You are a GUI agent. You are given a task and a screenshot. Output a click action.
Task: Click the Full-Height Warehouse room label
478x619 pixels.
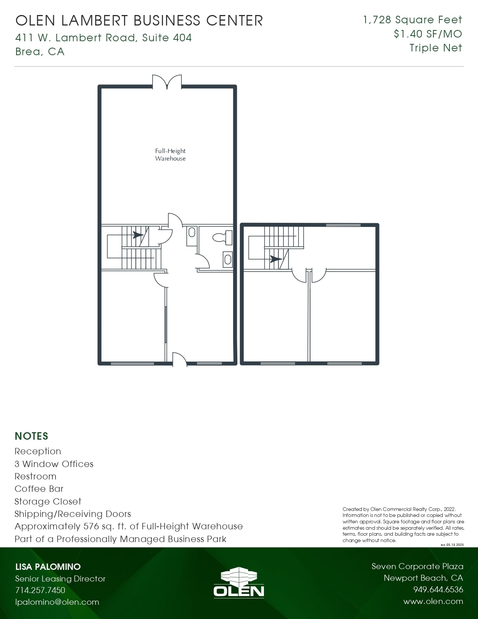[170, 155]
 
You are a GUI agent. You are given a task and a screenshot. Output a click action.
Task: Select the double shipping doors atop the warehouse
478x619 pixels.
[167, 82]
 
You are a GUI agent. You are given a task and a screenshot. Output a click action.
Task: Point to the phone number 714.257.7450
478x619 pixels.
[40, 590]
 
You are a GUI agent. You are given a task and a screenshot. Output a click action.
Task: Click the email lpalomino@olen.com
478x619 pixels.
[57, 602]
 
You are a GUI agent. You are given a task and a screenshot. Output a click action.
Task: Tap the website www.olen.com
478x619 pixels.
[433, 601]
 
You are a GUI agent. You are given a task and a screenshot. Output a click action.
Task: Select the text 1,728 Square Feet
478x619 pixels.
[412, 20]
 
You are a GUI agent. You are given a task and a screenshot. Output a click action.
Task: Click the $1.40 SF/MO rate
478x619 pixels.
[428, 34]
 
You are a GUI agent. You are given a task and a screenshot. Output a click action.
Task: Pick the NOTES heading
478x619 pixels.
[31, 436]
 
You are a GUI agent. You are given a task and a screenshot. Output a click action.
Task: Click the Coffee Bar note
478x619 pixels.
[39, 489]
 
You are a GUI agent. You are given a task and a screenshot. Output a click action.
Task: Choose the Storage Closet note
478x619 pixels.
[48, 502]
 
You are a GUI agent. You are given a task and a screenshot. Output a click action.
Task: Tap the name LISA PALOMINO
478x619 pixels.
[48, 566]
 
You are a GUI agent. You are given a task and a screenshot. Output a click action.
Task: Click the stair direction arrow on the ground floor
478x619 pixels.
[138, 235]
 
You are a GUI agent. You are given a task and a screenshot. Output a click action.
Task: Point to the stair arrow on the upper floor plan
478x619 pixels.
[276, 259]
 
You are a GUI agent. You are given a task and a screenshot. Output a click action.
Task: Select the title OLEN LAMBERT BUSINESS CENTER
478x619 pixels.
[139, 21]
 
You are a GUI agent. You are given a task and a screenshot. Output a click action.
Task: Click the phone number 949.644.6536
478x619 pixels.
[438, 590]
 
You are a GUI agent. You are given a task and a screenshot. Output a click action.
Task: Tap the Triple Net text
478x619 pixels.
[436, 48]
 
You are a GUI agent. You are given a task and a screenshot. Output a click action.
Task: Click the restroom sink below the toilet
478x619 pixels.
[228, 259]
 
